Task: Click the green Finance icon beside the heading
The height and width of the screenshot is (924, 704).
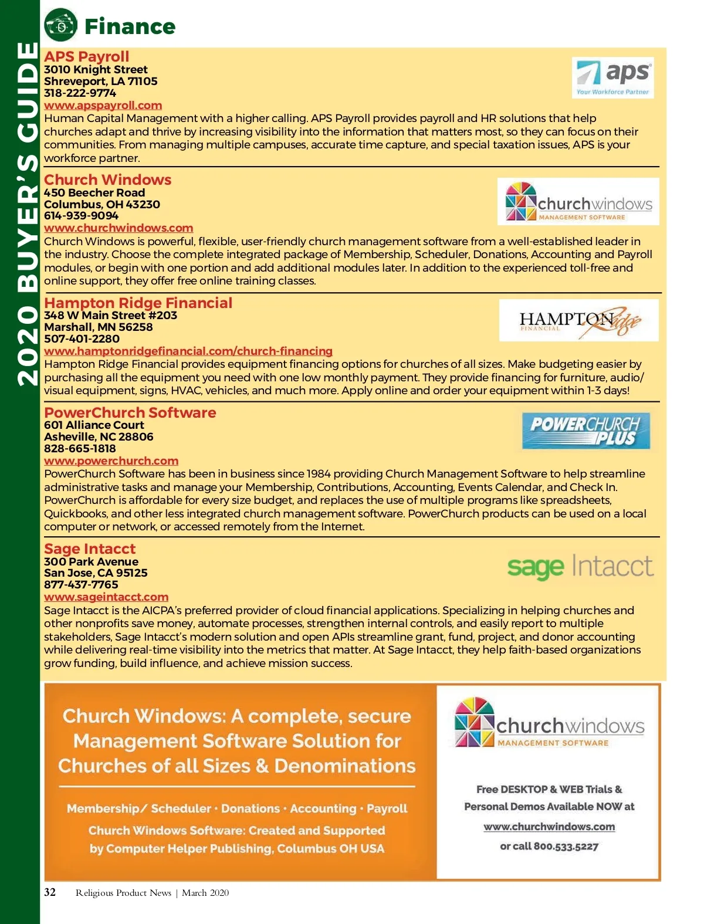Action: [x=60, y=25]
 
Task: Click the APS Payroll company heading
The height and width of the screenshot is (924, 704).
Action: [x=86, y=56]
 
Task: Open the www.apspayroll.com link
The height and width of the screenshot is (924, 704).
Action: [x=103, y=106]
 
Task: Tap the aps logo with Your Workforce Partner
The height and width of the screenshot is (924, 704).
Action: [x=612, y=77]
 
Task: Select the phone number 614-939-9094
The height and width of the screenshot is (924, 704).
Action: [x=81, y=216]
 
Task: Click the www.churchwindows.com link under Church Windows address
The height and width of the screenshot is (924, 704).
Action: [x=119, y=228]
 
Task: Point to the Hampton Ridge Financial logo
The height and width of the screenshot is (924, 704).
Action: [x=578, y=320]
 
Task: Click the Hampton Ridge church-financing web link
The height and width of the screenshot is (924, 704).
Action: [x=188, y=351]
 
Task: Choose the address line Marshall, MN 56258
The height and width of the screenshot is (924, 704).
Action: [x=98, y=327]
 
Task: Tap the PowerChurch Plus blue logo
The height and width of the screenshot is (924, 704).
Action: [x=585, y=431]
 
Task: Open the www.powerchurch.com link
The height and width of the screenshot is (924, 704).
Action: [x=111, y=461]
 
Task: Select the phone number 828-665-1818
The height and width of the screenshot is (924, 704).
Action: [x=80, y=449]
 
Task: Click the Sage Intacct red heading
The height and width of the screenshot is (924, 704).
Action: [x=90, y=549]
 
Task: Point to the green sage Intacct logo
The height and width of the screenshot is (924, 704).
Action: [x=580, y=567]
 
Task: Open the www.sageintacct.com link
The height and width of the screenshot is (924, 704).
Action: [x=106, y=597]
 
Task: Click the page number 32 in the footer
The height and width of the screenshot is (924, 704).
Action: [x=50, y=892]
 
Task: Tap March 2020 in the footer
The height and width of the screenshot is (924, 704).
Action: [x=205, y=893]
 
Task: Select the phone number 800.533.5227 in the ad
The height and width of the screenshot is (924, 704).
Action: [x=566, y=846]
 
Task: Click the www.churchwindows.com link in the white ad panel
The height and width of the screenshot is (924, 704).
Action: [x=549, y=827]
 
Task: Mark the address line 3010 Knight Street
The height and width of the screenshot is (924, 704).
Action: [x=96, y=70]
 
